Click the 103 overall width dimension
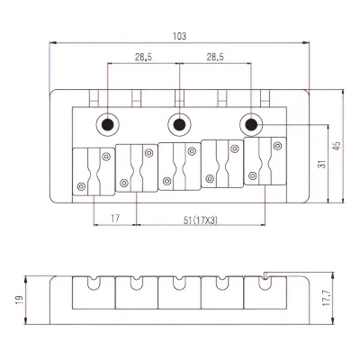[179, 36]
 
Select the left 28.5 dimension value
[143, 57]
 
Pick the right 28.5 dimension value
[215, 57]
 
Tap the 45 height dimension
[337, 146]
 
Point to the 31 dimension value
[322, 164]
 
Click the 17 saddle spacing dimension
[115, 219]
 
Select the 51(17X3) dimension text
[201, 220]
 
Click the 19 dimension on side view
[19, 300]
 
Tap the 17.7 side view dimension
[327, 298]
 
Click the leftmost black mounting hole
[108, 124]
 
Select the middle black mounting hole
[179, 124]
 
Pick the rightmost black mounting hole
[251, 124]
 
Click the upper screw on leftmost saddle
[106, 157]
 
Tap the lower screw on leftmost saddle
[81, 186]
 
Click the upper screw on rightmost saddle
[278, 146]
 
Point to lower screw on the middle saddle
[166, 181]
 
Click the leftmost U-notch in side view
[94, 283]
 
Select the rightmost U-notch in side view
[265, 283]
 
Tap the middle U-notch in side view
[179, 283]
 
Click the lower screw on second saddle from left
[124, 183]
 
